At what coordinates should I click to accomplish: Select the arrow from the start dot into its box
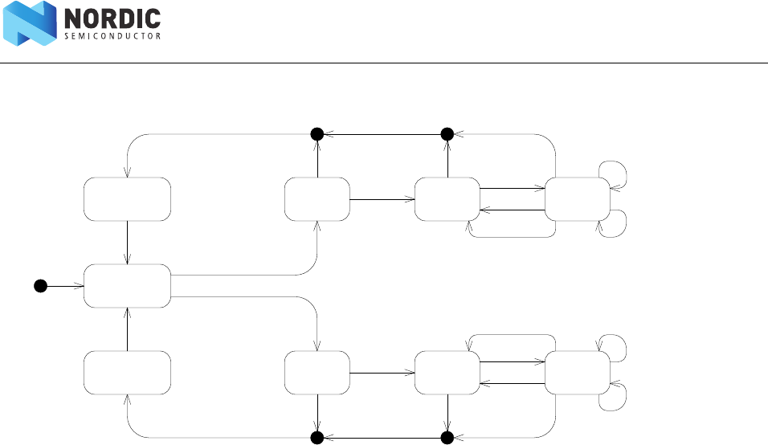coord(64,285)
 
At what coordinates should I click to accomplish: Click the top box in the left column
coord(127,198)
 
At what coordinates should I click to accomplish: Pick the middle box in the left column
coord(127,285)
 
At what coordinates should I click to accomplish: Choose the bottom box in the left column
coord(127,372)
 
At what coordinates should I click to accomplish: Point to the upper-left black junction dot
coord(317,133)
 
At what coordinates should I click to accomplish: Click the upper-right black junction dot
coord(447,133)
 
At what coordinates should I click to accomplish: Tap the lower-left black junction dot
coord(317,437)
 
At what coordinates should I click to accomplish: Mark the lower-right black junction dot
coord(447,437)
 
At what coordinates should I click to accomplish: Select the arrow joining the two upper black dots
coord(382,133)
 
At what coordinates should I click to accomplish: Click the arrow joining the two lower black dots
coord(382,437)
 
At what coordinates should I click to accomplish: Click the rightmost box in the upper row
coord(577,198)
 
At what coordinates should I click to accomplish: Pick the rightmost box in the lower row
coord(577,372)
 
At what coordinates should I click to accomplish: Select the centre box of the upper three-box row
coord(447,198)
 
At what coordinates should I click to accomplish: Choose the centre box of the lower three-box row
coord(447,372)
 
